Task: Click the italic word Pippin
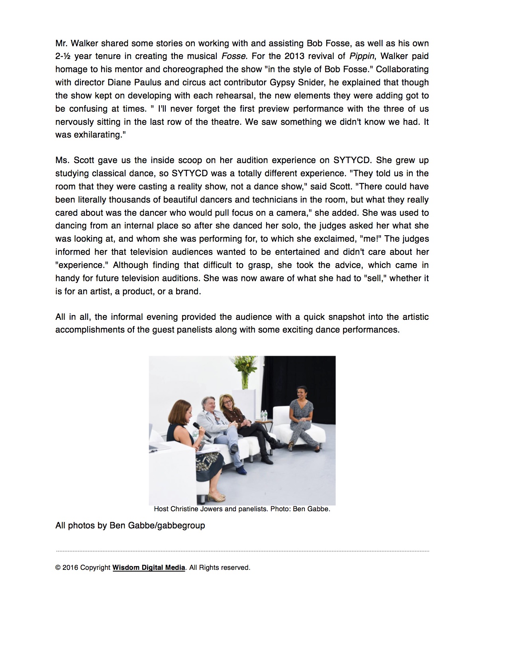pyautogui.click(x=362, y=56)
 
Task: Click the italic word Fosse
pyautogui.click(x=233, y=56)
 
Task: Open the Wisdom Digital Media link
pyautogui.click(x=149, y=567)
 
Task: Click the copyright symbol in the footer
pyautogui.click(x=58, y=567)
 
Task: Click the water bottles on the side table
pyautogui.click(x=263, y=415)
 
